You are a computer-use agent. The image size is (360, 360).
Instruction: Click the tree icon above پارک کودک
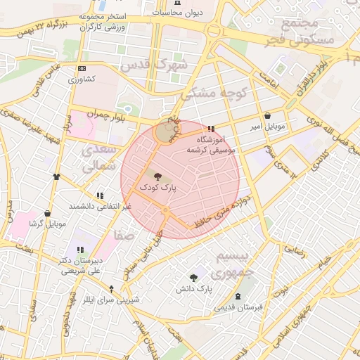(x=156, y=176)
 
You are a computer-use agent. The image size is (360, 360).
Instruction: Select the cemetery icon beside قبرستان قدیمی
(x=238, y=296)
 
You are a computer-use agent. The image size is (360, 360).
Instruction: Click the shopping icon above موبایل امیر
(x=267, y=116)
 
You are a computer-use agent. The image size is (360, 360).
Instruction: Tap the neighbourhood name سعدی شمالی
(x=98, y=159)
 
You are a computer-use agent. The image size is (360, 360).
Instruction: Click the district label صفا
(x=124, y=235)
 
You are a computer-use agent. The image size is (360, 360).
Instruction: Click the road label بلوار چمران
(x=115, y=117)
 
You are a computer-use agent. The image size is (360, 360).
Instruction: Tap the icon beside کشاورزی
(x=83, y=68)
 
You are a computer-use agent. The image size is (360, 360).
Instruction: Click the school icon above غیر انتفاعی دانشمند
(x=100, y=195)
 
